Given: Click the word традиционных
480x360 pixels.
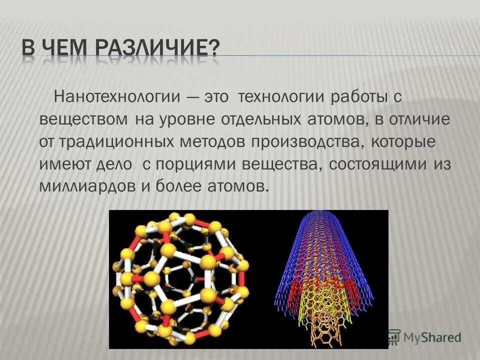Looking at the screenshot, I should coord(113,142).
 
